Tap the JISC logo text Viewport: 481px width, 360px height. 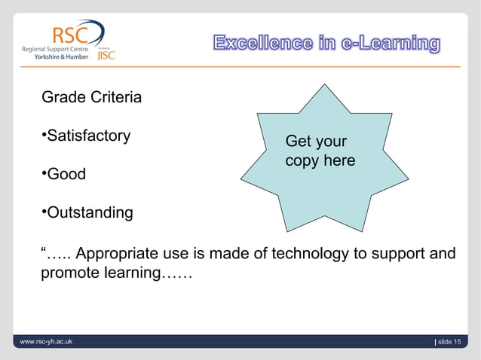106,55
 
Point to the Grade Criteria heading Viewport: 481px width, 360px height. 91,98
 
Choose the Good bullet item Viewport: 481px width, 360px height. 64,175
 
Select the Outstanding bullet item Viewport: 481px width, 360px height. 88,213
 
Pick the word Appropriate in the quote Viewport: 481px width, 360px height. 119,253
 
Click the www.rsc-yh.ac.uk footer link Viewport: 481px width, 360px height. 47,343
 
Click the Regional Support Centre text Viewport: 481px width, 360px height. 54,47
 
